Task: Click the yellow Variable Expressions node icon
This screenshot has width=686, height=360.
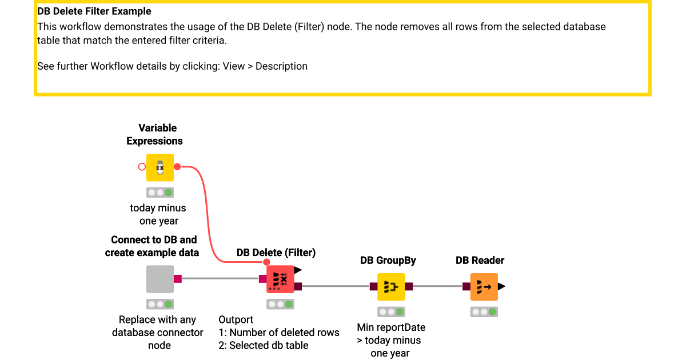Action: pos(160,167)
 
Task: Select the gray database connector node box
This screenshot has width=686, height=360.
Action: pos(160,279)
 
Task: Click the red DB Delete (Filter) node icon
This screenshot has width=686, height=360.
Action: pos(280,279)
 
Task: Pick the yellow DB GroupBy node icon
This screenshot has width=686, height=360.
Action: pos(391,287)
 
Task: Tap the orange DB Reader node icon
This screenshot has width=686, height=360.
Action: pos(484,287)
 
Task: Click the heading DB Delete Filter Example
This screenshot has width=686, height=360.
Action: pos(94,11)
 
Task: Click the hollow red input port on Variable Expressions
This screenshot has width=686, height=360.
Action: pos(142,167)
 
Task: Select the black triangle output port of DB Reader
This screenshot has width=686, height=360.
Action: pos(502,287)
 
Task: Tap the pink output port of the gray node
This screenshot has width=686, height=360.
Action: pos(178,279)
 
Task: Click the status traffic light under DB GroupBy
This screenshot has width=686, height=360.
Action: pos(391,312)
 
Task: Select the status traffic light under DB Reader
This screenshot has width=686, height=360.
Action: pos(484,312)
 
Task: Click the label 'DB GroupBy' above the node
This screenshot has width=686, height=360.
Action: pos(388,261)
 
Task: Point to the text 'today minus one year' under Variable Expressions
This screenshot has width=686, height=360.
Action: pos(158,214)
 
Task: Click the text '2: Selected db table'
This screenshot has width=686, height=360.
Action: pos(264,345)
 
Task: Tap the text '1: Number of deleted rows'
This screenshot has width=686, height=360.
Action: pos(279,333)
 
